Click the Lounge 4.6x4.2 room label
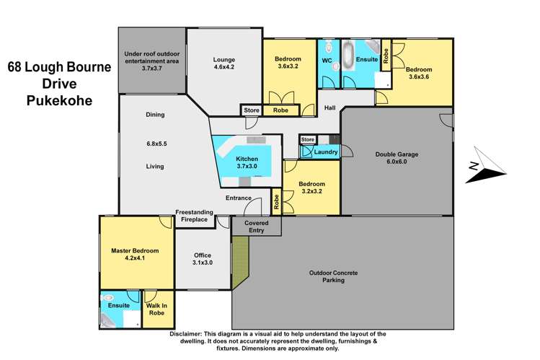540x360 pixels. pos(223,63)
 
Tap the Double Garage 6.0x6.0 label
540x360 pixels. pos(397,158)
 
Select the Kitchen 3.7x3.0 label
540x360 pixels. pos(247,162)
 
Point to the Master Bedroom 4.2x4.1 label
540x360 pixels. pos(135,254)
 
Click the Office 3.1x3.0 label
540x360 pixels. pos(203,259)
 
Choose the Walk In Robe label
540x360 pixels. pos(156,309)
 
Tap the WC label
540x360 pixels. pos(327,61)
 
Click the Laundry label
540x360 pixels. pos(326,152)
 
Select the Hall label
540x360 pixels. pos(329,107)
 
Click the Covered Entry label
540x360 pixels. pos(256,227)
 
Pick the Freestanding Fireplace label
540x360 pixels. pos(194,216)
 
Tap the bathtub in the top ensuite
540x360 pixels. pos(348,56)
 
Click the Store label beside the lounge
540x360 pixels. pos(252,110)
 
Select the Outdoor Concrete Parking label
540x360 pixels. pos(333,276)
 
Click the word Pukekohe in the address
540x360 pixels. pos(60,100)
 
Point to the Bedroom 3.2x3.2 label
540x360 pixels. pos(311,188)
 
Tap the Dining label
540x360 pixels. pos(155,115)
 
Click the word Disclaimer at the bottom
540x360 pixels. pos(185,334)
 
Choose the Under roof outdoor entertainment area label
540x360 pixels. pos(152,61)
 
